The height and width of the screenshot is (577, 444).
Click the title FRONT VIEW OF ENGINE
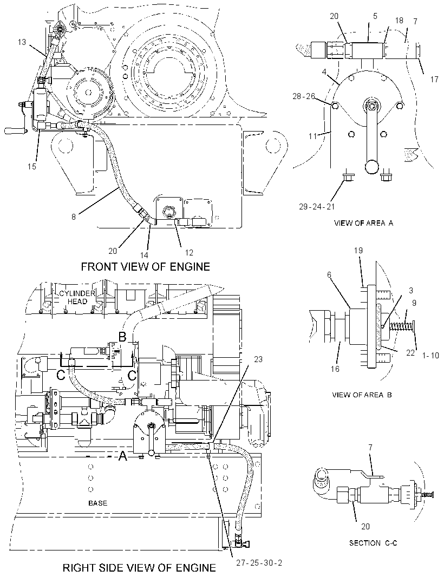146,266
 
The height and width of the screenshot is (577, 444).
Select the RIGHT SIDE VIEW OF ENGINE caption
139,568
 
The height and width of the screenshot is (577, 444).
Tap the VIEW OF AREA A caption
363,222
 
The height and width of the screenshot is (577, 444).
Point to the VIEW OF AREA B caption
362,395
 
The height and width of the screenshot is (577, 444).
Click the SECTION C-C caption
373,543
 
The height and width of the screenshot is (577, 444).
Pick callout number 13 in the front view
22,42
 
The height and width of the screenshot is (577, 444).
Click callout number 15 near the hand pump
32,166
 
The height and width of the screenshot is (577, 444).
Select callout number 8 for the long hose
74,217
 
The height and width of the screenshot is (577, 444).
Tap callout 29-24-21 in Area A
317,206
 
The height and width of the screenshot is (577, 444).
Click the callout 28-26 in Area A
304,96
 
